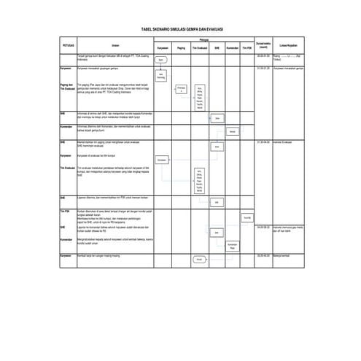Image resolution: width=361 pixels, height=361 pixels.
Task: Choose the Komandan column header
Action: coord(232,48)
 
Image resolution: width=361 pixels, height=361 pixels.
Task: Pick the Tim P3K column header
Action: coord(248,48)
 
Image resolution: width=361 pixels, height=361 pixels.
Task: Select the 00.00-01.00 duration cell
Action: coord(263,55)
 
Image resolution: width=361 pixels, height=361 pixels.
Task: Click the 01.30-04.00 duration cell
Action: coord(263,142)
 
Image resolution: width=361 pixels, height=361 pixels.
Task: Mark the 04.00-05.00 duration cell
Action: coord(263,227)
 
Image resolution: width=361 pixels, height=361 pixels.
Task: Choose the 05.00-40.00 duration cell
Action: coord(263,255)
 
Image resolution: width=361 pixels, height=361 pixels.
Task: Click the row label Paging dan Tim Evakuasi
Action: coord(68,87)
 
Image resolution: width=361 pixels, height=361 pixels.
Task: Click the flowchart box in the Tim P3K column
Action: coord(248,217)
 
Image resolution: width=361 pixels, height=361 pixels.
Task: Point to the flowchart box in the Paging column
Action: coord(182,88)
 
